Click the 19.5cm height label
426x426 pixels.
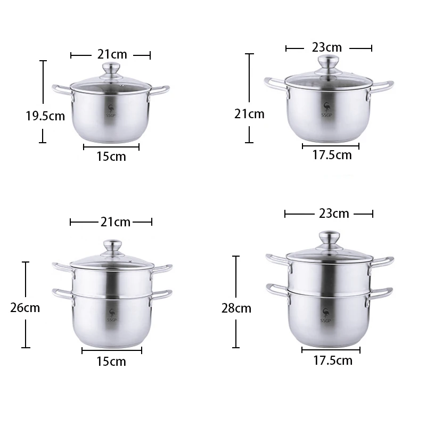(x=45, y=116)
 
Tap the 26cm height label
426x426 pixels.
(x=25, y=308)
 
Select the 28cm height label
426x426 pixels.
(x=236, y=308)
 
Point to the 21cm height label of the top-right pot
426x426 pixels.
(x=249, y=114)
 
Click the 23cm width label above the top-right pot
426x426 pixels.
(x=327, y=47)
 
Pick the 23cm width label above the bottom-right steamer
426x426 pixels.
(x=334, y=214)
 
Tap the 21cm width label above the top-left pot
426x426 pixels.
(x=112, y=54)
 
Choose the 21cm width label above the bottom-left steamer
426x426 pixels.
(x=116, y=222)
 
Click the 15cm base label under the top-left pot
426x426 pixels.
(x=111, y=157)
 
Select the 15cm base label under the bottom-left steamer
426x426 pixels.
(x=111, y=362)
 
